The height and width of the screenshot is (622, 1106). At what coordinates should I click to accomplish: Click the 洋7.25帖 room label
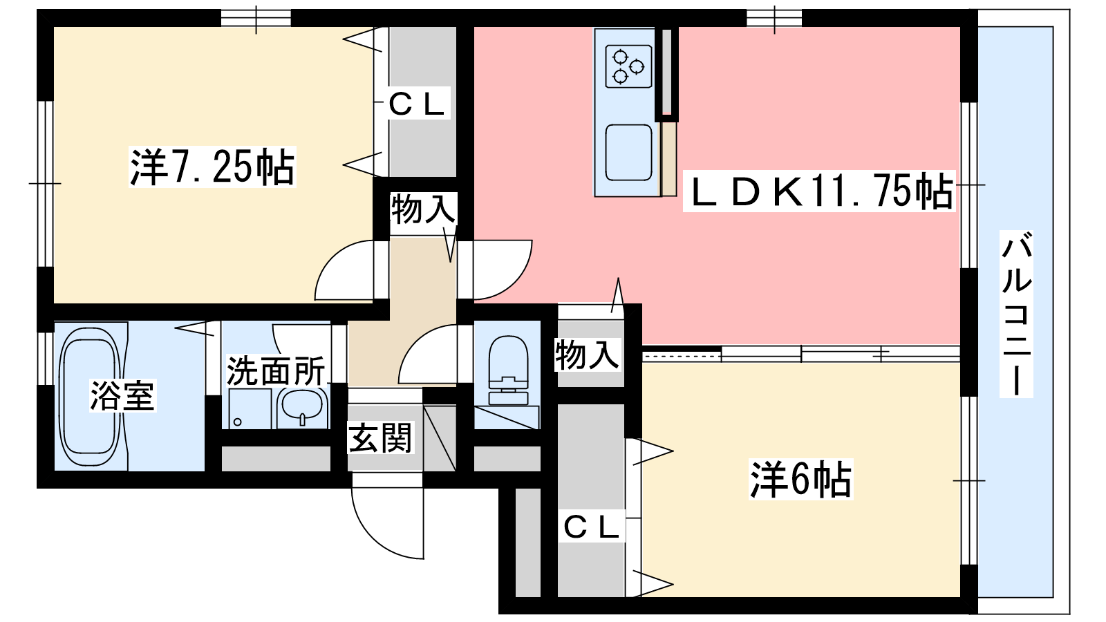(x=212, y=167)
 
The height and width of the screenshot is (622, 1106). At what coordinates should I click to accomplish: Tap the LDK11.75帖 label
(x=819, y=191)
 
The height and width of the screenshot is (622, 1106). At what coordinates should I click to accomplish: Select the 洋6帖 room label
(x=801, y=479)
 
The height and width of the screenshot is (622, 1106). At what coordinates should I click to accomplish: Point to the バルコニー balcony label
(x=1017, y=314)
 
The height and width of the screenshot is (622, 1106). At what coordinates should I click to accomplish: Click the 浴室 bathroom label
(x=122, y=395)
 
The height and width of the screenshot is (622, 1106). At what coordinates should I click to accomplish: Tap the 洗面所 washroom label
(x=276, y=370)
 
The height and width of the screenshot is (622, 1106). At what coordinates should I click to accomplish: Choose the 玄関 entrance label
(x=380, y=438)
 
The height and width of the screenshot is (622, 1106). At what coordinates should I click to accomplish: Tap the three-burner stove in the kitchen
(x=628, y=66)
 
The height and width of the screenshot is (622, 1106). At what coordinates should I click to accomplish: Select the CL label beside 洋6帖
(x=591, y=528)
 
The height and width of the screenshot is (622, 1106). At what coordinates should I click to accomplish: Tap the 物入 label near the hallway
(x=422, y=209)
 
